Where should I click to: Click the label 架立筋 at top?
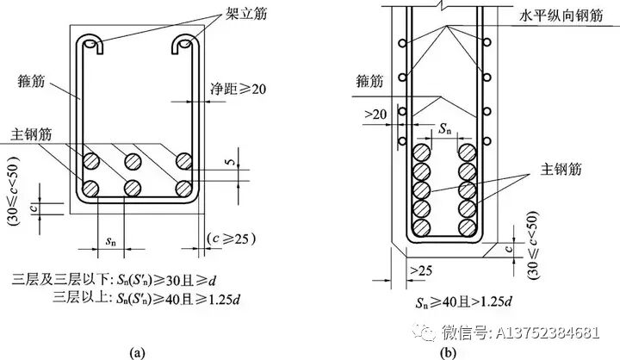(x=246, y=13)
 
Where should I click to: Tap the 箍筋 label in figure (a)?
(x=31, y=81)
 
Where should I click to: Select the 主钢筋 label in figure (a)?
(x=31, y=134)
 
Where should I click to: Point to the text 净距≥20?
(x=238, y=89)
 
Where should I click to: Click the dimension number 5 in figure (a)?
(x=232, y=160)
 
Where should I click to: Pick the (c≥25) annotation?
(x=232, y=239)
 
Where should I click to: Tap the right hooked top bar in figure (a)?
(x=184, y=44)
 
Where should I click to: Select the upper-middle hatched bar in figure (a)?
(x=133, y=161)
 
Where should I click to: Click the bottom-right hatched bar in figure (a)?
(x=184, y=189)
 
